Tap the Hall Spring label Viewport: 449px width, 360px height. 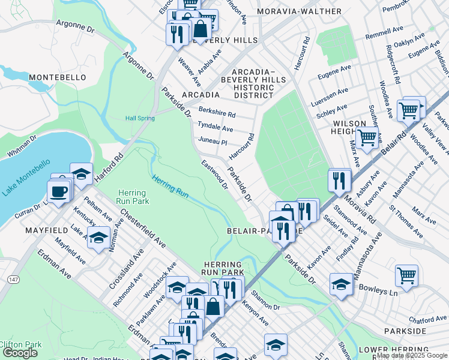[140, 118]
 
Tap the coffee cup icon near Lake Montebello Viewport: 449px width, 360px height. [58, 193]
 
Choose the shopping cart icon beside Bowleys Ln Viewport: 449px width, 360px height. [406, 277]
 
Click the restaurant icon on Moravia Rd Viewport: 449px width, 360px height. [339, 179]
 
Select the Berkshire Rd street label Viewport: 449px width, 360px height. [217, 113]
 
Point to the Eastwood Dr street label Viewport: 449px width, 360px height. [214, 175]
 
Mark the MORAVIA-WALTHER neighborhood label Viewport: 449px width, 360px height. [291, 11]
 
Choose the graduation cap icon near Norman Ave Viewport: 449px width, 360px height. [98, 237]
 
